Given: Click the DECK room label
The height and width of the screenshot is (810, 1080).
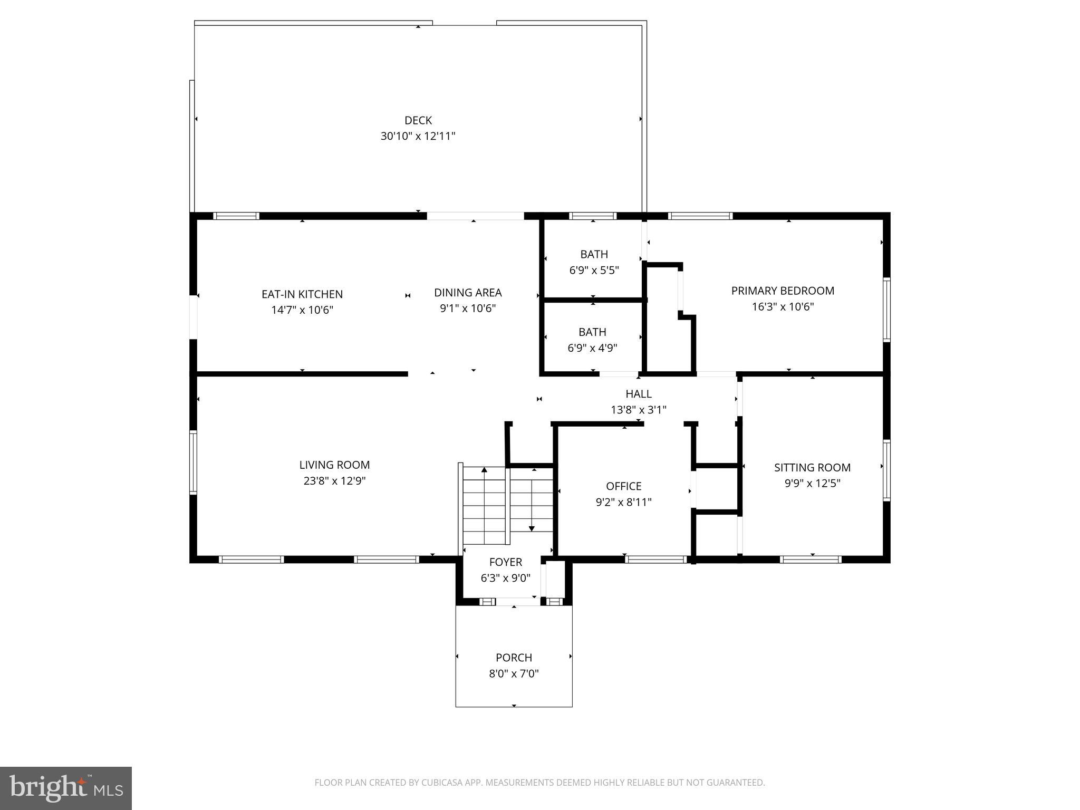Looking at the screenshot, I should click(418, 120).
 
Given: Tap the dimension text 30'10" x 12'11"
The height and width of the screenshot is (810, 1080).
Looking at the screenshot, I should click(418, 136).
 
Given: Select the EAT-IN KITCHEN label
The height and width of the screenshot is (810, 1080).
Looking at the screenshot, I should click(302, 294).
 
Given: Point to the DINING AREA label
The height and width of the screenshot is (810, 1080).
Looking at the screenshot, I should click(468, 293).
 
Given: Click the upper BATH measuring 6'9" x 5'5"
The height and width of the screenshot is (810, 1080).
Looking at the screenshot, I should click(594, 255).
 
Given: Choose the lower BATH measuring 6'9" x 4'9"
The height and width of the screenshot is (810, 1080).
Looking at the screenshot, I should click(592, 332).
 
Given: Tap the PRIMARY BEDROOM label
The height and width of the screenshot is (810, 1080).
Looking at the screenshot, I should click(783, 291).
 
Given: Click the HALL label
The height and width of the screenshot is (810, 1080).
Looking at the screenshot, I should click(639, 394).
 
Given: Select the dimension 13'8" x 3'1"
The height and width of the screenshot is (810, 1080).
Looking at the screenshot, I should click(639, 410).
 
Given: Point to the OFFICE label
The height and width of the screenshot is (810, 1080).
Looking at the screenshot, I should click(623, 486).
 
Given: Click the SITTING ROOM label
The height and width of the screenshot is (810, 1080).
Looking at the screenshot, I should click(812, 467).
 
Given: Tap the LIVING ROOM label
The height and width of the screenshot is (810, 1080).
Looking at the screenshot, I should click(334, 465).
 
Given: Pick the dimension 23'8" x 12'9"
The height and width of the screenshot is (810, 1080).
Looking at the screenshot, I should click(334, 481).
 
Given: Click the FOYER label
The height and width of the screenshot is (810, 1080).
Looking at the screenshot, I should click(505, 562).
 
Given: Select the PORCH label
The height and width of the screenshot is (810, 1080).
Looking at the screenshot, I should click(514, 658).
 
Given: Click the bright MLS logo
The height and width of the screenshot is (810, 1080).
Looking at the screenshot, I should click(66, 788).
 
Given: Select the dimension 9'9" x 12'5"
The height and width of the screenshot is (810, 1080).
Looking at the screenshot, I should click(812, 483).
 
